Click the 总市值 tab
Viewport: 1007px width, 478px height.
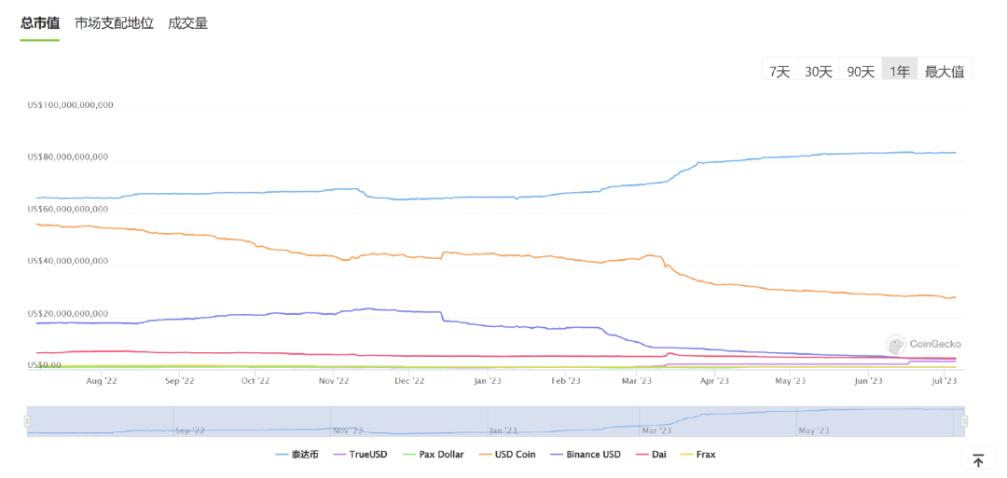(x=40, y=23)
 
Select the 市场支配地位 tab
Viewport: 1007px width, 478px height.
(x=114, y=23)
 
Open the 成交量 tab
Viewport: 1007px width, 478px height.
(x=187, y=23)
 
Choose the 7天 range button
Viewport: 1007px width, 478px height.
(x=779, y=71)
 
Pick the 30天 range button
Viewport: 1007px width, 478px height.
(x=818, y=71)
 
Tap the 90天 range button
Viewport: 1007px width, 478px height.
(x=860, y=71)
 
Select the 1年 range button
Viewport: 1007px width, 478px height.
(x=899, y=71)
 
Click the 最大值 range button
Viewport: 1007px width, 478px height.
(x=944, y=71)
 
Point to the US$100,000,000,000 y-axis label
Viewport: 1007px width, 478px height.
(x=71, y=105)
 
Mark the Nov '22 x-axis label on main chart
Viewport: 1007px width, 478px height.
(x=333, y=381)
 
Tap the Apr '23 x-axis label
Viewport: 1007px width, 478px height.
(x=713, y=381)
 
